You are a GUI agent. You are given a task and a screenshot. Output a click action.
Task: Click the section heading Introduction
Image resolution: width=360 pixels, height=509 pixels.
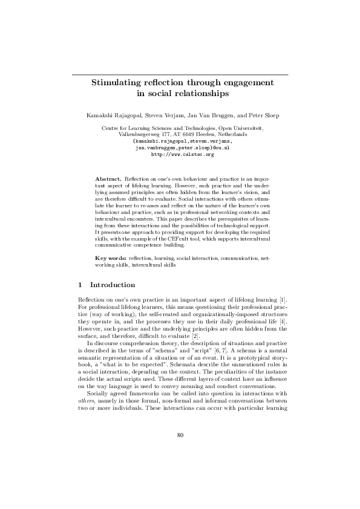tap(113, 285)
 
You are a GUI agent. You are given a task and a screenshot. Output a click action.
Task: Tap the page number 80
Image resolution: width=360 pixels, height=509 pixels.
tap(180, 451)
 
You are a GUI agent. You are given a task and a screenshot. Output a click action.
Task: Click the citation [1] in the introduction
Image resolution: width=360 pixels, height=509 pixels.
tap(283, 300)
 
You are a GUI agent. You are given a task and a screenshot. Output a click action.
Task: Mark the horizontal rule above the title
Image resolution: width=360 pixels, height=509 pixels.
tap(180, 74)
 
